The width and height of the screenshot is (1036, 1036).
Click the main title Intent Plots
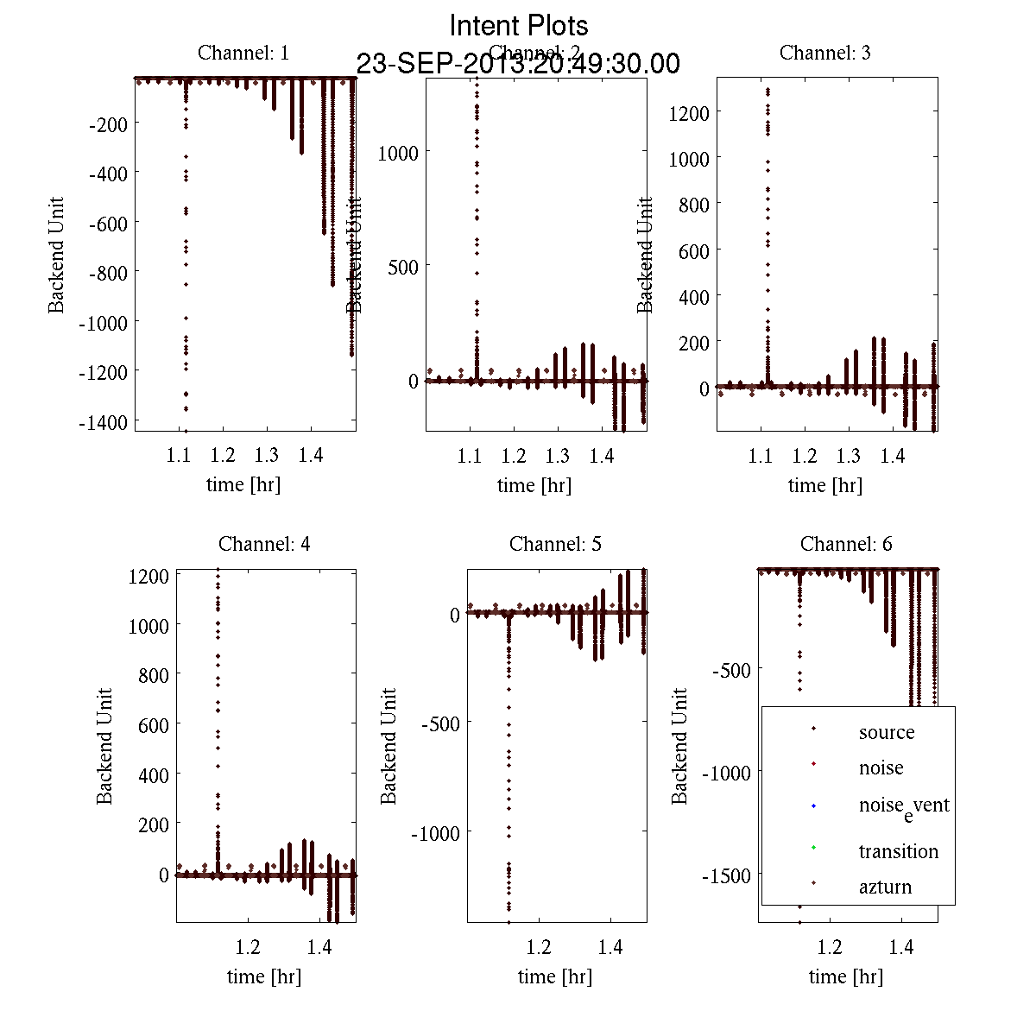519,26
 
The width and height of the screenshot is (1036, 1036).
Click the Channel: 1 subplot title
243,53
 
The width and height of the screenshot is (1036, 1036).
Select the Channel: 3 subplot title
824,53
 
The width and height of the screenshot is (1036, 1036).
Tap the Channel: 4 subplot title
264,544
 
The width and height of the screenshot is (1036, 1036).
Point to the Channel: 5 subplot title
555,544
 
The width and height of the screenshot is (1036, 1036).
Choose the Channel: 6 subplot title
846,544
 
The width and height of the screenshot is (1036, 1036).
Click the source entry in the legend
886,732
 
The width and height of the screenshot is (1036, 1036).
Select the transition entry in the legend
898,851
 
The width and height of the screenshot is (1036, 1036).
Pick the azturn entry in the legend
885,887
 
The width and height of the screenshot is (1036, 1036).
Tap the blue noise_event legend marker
814,806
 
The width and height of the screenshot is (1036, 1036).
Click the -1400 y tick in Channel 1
107,421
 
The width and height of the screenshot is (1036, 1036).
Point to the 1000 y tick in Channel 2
398,153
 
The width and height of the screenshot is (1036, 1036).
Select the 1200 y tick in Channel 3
689,113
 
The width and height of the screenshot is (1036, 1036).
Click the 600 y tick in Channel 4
153,725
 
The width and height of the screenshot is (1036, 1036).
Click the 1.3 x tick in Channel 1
267,455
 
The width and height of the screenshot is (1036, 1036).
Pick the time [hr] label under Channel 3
824,485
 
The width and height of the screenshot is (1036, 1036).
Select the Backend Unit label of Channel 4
104,746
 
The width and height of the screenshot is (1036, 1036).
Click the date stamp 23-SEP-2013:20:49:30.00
518,64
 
